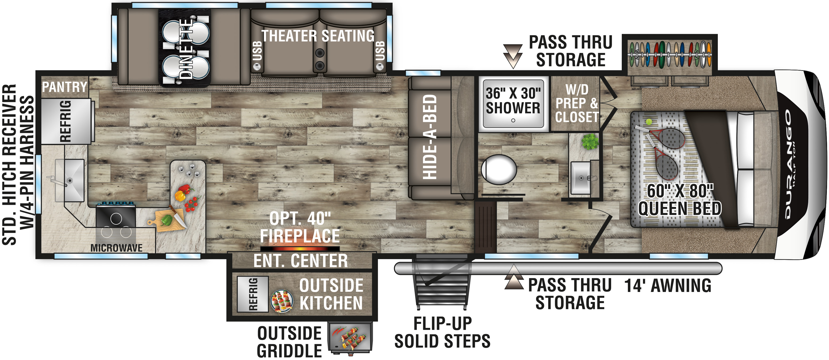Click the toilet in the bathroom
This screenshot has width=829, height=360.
(x=499, y=170)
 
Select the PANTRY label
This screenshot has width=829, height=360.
(x=65, y=87)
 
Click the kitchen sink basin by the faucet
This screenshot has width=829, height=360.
(x=69, y=180)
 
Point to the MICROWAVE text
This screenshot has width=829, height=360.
(x=117, y=248)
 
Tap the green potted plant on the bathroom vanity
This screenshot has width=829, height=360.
(x=590, y=142)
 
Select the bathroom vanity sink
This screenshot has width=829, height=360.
(x=581, y=178)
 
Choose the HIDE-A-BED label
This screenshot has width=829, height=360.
(x=430, y=137)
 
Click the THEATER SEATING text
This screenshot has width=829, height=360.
(x=318, y=36)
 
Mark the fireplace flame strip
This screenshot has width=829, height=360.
(x=300, y=249)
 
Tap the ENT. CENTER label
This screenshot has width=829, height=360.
(x=300, y=261)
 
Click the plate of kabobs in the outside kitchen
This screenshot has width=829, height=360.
(x=282, y=301)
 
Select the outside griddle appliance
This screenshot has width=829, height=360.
(x=350, y=338)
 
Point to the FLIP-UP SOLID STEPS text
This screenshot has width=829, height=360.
(x=443, y=333)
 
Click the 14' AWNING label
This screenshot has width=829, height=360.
(x=668, y=286)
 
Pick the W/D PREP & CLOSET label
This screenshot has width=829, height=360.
(x=577, y=103)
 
